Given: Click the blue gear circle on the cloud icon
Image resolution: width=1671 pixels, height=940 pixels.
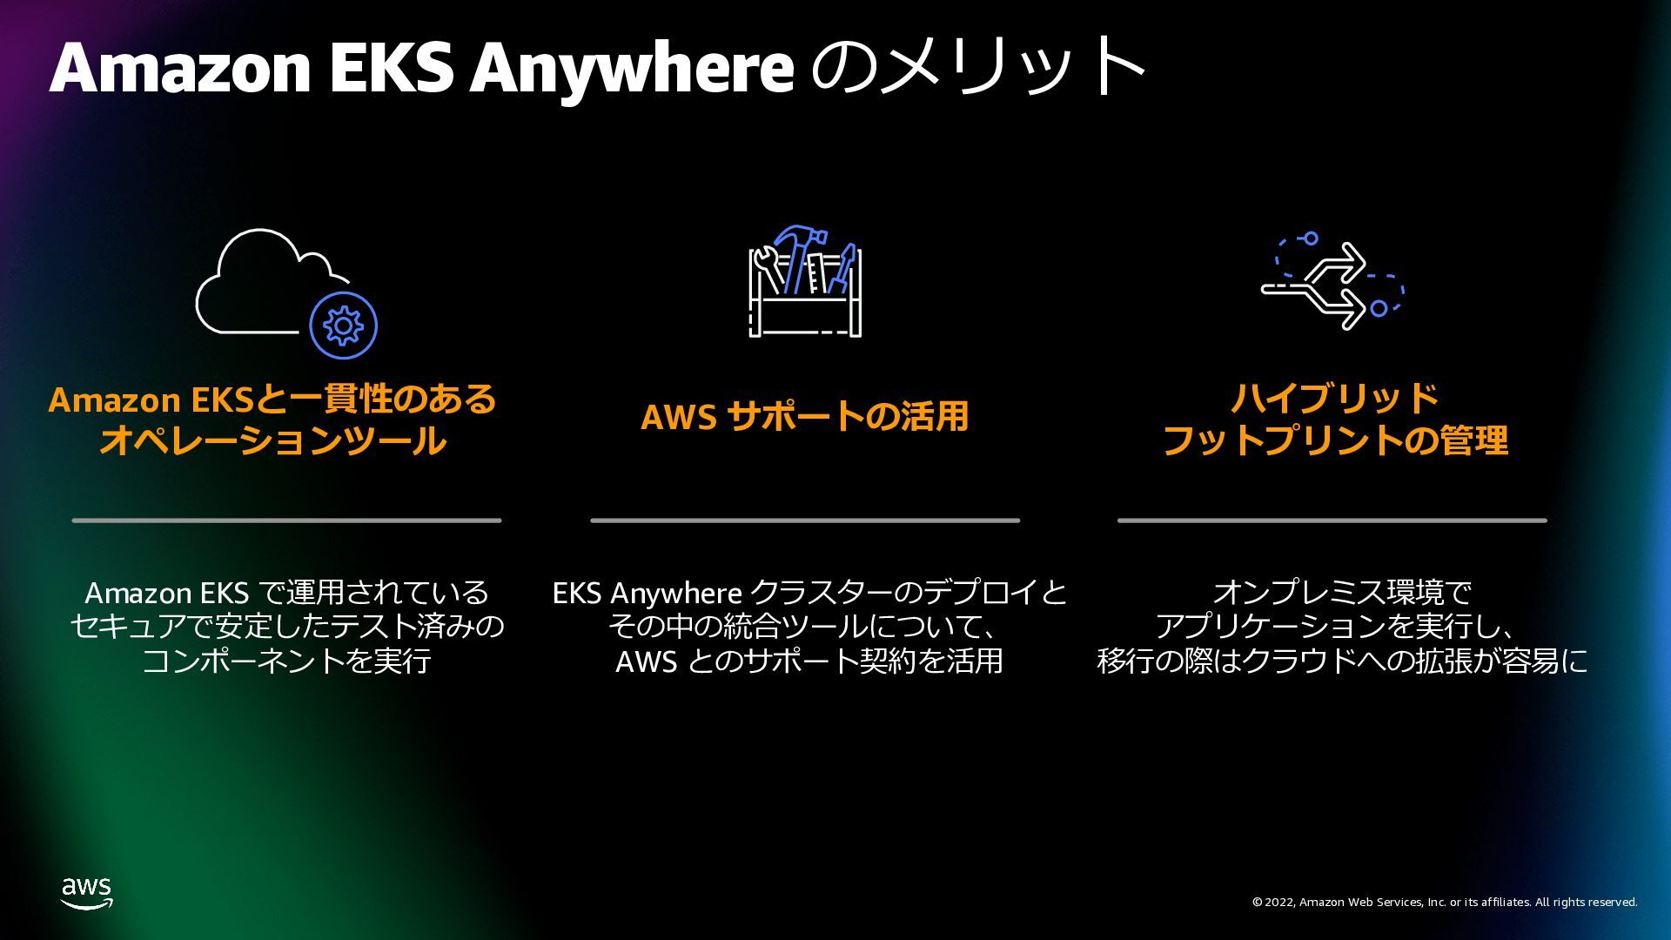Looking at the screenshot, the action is (x=343, y=326).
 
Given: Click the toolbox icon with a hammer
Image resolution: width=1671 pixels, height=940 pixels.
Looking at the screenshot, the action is (x=805, y=281).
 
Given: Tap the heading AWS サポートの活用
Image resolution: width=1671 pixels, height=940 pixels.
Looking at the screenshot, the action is (x=805, y=417).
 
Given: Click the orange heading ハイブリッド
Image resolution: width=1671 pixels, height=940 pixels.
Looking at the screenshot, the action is (x=1334, y=399).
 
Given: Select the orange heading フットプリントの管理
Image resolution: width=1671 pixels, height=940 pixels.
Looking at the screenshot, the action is (x=1334, y=440).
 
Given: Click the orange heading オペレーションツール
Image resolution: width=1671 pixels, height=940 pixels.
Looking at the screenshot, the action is (x=273, y=440).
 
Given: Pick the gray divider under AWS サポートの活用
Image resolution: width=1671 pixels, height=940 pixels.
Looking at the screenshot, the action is (x=805, y=520).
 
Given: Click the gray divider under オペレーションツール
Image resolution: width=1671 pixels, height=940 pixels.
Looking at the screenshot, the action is (x=286, y=520).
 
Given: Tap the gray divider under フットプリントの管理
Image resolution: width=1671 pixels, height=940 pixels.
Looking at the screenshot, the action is (x=1332, y=520).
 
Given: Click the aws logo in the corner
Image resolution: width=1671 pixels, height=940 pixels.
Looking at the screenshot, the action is (x=87, y=893).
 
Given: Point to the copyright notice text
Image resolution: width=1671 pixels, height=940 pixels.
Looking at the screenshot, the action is (x=1445, y=903).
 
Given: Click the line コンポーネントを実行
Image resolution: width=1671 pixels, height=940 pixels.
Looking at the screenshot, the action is (x=286, y=661).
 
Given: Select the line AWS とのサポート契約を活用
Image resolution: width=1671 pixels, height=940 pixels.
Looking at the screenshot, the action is (x=809, y=661).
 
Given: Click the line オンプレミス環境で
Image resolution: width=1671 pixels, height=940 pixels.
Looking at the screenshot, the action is (x=1341, y=594).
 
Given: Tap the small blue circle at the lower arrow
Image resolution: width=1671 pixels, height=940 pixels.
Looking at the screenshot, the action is (x=1379, y=308).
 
